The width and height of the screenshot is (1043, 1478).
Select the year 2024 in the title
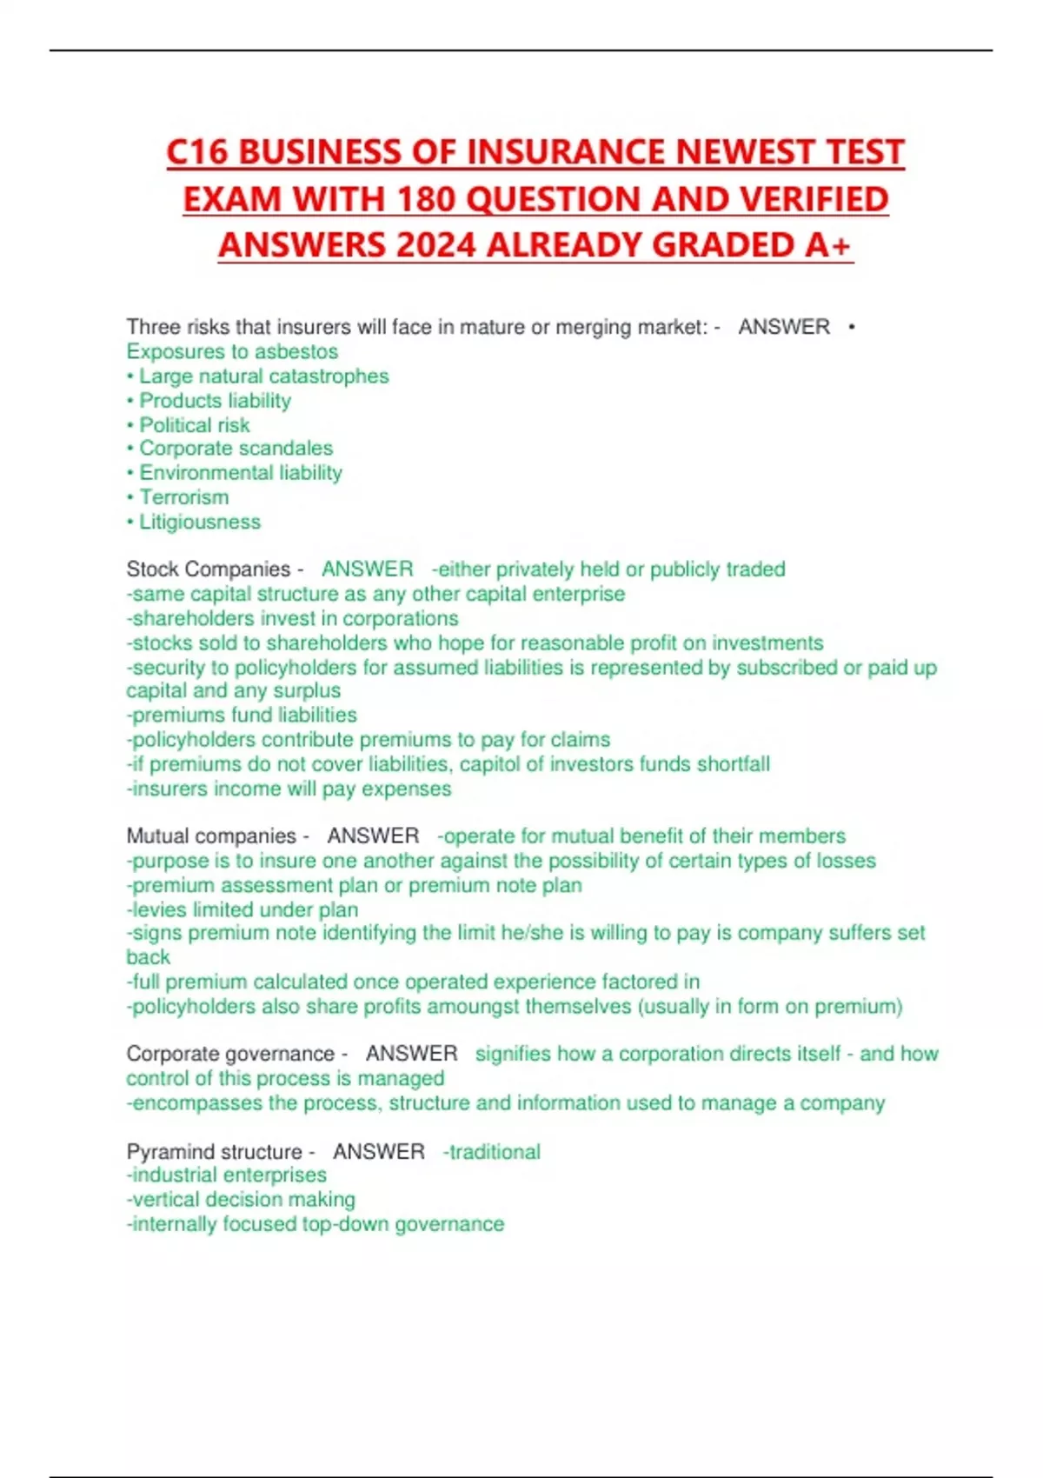[x=435, y=245]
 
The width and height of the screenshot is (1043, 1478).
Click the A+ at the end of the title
[x=827, y=245]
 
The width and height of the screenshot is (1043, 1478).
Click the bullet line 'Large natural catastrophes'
[x=263, y=376]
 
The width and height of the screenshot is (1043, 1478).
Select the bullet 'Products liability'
[x=215, y=400]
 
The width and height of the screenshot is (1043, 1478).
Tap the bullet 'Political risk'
[x=194, y=424]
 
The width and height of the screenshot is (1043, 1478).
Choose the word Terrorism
[x=184, y=497]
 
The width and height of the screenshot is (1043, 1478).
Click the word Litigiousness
[x=200, y=522]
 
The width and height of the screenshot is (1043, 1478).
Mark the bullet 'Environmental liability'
[x=241, y=473]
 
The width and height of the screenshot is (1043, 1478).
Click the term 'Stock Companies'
[x=209, y=569]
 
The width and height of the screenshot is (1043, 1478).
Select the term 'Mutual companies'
[x=211, y=836]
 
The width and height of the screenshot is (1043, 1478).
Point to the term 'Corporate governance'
[x=230, y=1054]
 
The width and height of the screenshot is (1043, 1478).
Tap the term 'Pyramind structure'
[x=214, y=1151]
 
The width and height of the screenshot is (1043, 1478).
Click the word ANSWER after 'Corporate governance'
[x=411, y=1054]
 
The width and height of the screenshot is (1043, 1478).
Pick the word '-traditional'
[x=492, y=1151]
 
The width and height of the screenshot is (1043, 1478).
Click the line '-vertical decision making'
[x=241, y=1200]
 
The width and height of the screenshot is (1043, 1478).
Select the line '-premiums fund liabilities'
[x=242, y=715]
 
